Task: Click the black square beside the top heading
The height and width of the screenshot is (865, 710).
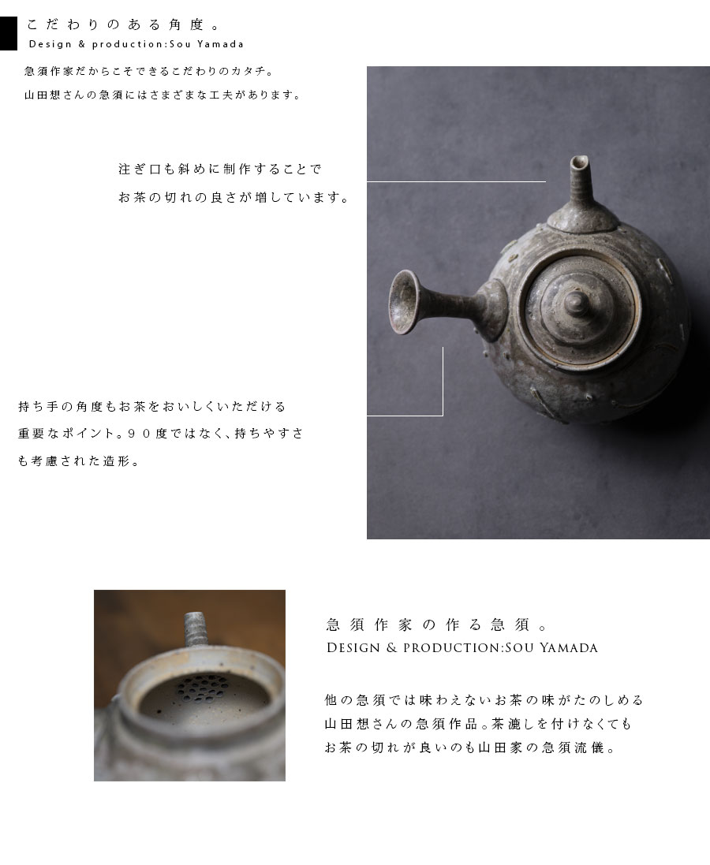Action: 8,33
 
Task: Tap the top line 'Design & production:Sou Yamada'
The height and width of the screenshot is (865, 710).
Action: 136,44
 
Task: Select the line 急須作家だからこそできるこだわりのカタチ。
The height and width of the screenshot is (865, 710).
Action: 149,71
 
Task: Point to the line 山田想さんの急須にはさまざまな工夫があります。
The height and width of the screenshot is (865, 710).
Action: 163,95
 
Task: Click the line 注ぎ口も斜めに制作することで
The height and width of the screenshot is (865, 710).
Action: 220,169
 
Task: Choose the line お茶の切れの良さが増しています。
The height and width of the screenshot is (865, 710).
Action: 234,197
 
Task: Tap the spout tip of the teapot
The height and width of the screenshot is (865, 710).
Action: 580,165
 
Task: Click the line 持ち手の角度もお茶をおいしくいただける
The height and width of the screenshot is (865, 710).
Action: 152,407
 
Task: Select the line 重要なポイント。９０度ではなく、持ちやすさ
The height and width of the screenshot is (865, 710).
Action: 161,434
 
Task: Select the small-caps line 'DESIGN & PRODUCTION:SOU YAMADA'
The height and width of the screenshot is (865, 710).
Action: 461,648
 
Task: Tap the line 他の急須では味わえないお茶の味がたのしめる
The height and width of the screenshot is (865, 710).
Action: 484,699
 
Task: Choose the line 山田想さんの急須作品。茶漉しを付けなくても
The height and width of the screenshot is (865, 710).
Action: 478,723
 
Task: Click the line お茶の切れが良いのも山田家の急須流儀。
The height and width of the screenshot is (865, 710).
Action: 469,748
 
